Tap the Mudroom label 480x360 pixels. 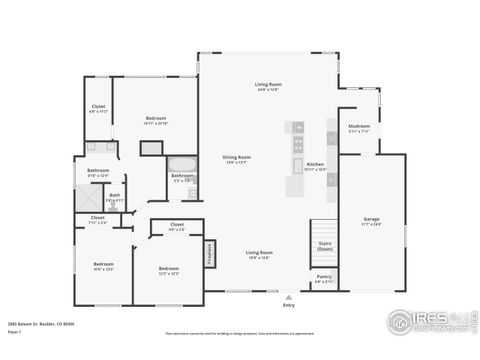359,127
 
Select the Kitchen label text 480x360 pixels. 315,164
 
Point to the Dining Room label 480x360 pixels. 236,157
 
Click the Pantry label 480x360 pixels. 324,277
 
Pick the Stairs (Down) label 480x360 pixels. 325,245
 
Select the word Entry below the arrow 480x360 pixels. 289,305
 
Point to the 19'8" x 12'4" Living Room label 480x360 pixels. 260,254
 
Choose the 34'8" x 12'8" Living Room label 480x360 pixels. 266,86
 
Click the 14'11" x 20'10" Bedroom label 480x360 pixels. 155,119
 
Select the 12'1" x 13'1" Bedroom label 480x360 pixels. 169,269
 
